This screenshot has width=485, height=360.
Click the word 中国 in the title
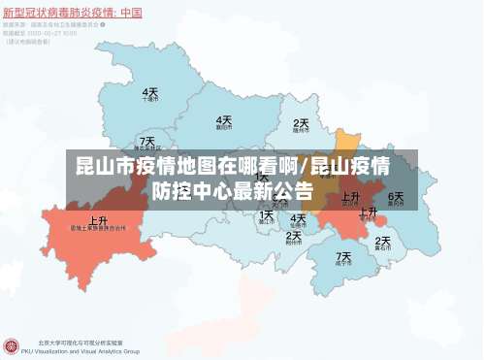(129, 13)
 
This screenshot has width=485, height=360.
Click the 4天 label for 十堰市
(150, 93)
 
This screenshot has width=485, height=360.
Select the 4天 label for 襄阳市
(223, 120)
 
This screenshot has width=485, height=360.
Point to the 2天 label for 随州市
(302, 124)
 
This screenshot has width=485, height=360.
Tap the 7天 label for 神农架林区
(146, 142)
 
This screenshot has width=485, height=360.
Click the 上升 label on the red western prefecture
(98, 220)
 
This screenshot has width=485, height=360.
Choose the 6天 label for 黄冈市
(395, 196)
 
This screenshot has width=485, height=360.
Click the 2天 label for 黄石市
(383, 241)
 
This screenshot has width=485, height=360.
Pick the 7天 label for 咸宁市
(344, 256)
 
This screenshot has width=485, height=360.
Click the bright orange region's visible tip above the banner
(347, 138)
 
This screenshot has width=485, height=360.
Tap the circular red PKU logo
(12, 346)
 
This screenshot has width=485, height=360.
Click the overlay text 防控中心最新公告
(233, 190)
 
